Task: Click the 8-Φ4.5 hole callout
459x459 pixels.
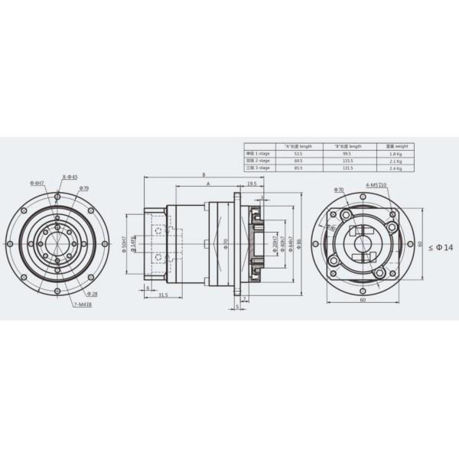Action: click(x=70, y=177)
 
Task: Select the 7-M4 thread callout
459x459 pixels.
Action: click(x=83, y=304)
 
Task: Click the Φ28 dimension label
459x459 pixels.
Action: click(x=90, y=294)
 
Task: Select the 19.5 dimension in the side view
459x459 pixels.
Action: click(x=251, y=184)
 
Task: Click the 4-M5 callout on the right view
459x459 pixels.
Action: click(x=376, y=184)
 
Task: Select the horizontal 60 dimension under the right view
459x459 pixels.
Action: click(x=362, y=301)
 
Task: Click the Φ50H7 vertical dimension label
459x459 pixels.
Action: click(x=124, y=244)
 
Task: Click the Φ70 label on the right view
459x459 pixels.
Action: click(x=339, y=188)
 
